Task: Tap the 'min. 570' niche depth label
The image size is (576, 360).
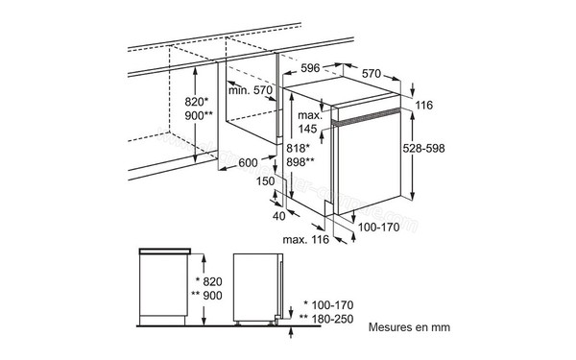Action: [x=251, y=90]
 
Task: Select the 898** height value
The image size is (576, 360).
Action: [x=301, y=163]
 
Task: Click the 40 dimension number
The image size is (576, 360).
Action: [x=279, y=215]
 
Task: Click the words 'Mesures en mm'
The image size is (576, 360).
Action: [x=409, y=326]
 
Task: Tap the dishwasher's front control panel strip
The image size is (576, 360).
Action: [x=369, y=118]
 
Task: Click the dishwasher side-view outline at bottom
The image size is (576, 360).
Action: [x=260, y=288]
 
